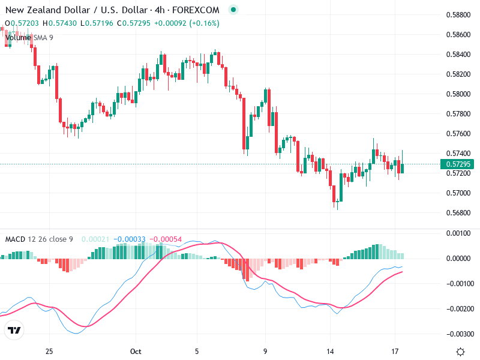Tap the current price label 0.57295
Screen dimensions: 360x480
tap(457, 164)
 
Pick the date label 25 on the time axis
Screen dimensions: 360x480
tap(49, 351)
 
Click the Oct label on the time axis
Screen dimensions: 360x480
tap(136, 351)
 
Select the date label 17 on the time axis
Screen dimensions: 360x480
tap(395, 351)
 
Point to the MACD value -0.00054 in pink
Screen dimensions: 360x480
tap(165, 239)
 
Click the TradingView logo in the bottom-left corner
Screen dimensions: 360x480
tap(14, 331)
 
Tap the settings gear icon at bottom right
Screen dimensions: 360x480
tap(460, 352)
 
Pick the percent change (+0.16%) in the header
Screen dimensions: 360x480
tap(205, 23)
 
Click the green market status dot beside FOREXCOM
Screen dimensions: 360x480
tap(233, 10)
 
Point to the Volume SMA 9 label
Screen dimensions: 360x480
tap(29, 37)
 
